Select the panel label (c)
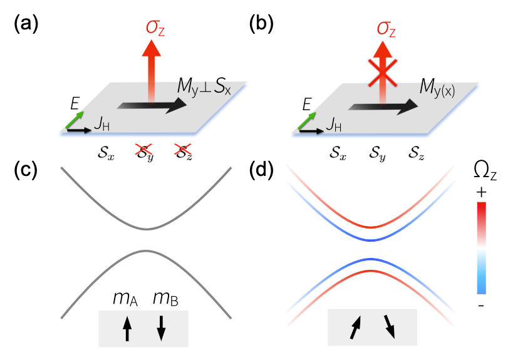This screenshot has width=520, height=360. pos(25,171)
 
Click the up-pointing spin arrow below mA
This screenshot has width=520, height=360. pos(127,328)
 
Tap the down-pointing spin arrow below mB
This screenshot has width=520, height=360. pos(160,328)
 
